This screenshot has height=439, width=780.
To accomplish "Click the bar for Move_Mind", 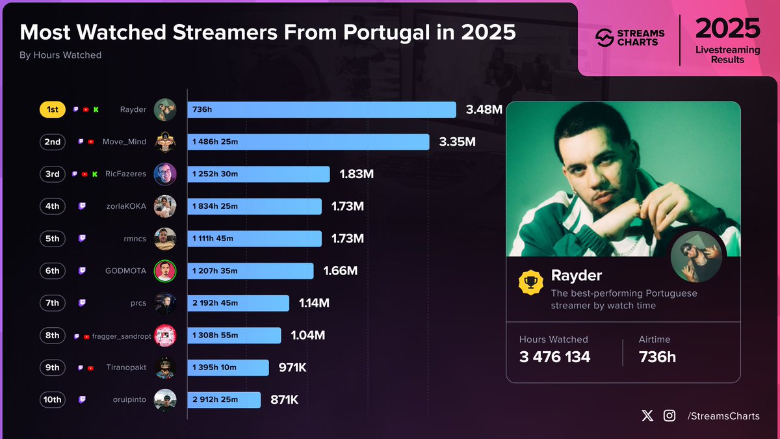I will click(308, 142).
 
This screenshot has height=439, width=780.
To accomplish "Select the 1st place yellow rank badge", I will click(53, 110).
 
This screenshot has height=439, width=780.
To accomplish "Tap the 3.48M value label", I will click(484, 110).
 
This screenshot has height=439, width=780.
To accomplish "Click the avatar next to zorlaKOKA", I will click(165, 206).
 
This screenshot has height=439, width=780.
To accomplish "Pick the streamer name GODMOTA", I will click(126, 271).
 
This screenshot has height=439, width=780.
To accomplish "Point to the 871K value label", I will click(284, 400).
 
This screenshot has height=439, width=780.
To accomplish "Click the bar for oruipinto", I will click(224, 400).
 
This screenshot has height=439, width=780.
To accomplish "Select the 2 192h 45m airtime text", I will click(215, 303).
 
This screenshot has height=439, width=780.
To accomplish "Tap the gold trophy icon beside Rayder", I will click(530, 282).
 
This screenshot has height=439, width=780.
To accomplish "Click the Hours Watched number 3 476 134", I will click(554, 356).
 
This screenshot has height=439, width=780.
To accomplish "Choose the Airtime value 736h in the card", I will click(657, 356).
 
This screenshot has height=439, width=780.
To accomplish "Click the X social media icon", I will click(647, 416).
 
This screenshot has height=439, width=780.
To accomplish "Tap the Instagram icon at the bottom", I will click(669, 416).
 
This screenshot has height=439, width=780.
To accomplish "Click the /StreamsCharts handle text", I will click(723, 416).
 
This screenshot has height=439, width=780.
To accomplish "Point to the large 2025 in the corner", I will click(727, 29).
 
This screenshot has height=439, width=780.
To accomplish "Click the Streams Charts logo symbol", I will click(605, 38).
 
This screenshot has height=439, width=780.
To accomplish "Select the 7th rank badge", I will click(53, 303).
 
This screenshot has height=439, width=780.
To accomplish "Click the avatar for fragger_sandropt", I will click(165, 336).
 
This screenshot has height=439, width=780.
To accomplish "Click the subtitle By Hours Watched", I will click(60, 55).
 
